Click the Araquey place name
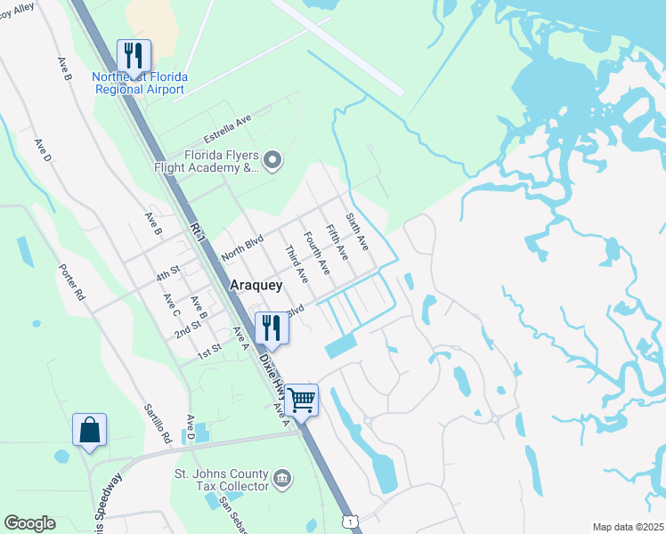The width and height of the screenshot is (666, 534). [256, 286]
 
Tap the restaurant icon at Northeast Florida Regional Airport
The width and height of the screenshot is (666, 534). [134, 55]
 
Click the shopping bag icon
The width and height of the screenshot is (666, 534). [90, 430]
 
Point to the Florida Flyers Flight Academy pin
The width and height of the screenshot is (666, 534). [273, 161]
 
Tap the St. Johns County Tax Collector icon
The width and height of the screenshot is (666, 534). [282, 478]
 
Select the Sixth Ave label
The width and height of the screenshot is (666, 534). [357, 231]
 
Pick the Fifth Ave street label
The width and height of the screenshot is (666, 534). [336, 242]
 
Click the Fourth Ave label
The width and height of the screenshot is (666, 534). [317, 253]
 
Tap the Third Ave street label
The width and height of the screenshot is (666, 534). [296, 264]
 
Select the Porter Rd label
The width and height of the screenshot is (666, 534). [72, 281]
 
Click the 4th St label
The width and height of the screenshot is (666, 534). [168, 272]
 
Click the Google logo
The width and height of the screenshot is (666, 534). [29, 523]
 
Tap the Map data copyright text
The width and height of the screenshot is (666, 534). [628, 527]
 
